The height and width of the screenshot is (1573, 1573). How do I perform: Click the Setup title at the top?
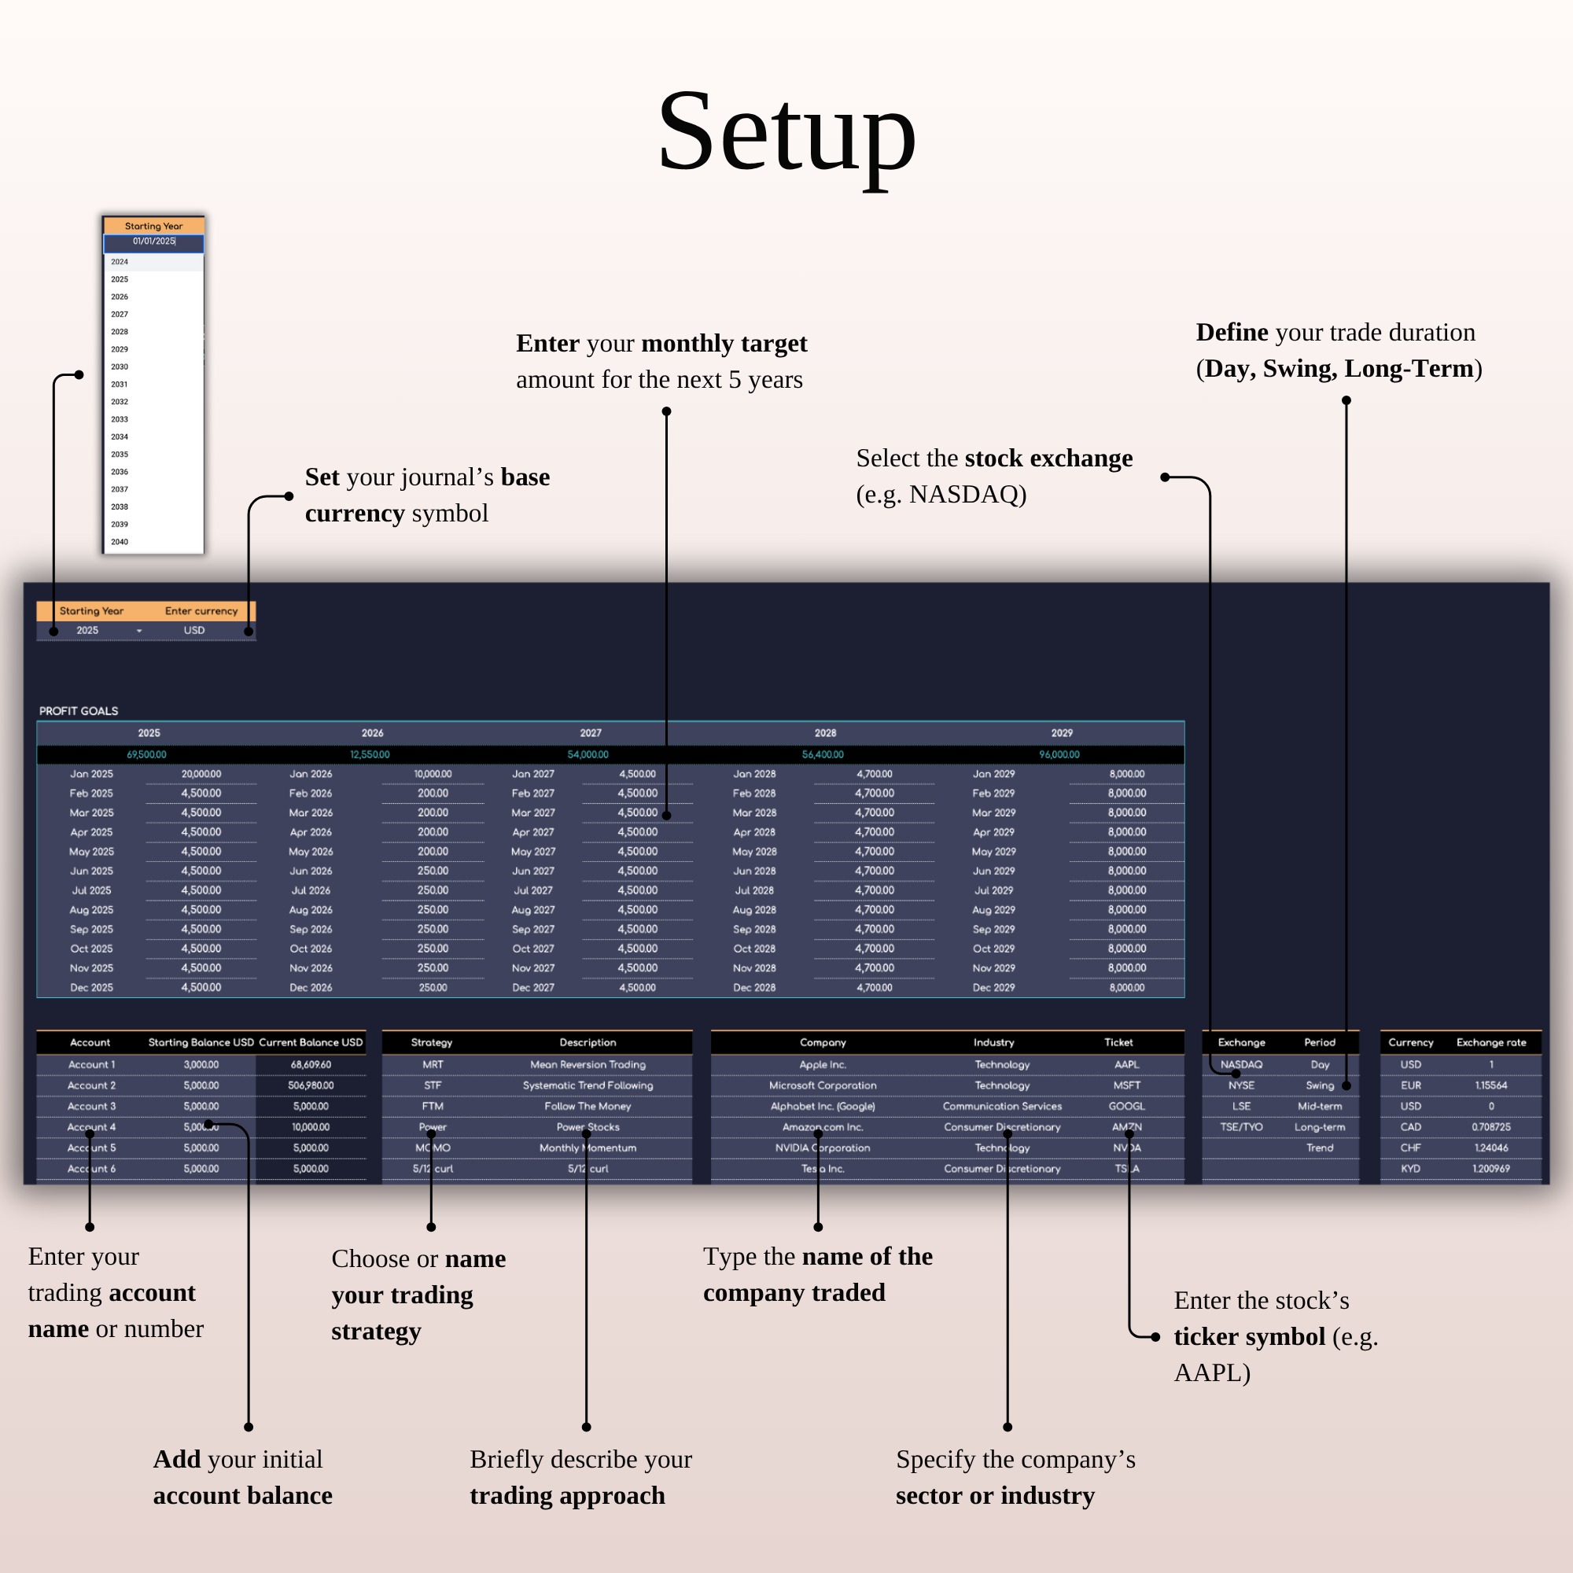point(786,132)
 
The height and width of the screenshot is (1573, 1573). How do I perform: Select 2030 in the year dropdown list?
point(120,367)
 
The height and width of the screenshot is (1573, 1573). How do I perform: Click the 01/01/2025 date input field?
point(154,241)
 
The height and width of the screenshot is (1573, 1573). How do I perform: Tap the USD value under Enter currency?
point(193,630)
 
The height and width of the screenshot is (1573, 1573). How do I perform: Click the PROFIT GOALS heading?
point(79,711)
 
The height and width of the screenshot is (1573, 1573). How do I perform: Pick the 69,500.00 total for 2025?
point(146,755)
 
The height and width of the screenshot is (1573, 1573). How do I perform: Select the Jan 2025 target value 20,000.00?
point(201,774)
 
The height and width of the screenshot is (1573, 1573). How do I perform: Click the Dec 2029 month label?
point(993,988)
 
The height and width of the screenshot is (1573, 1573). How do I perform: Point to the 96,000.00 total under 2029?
point(1059,755)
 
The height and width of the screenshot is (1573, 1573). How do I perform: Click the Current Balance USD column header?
point(310,1042)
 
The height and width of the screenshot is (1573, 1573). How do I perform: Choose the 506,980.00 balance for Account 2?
point(310,1085)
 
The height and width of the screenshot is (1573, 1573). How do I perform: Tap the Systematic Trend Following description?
point(588,1085)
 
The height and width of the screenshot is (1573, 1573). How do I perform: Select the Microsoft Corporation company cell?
point(823,1085)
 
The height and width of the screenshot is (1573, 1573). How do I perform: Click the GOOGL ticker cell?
point(1127,1107)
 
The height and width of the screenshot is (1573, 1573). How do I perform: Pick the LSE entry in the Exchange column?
point(1241,1107)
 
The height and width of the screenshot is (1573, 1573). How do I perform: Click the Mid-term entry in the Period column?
point(1320,1107)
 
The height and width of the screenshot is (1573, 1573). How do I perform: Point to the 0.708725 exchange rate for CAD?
point(1490,1127)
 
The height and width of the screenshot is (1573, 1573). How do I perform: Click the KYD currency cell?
point(1410,1169)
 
